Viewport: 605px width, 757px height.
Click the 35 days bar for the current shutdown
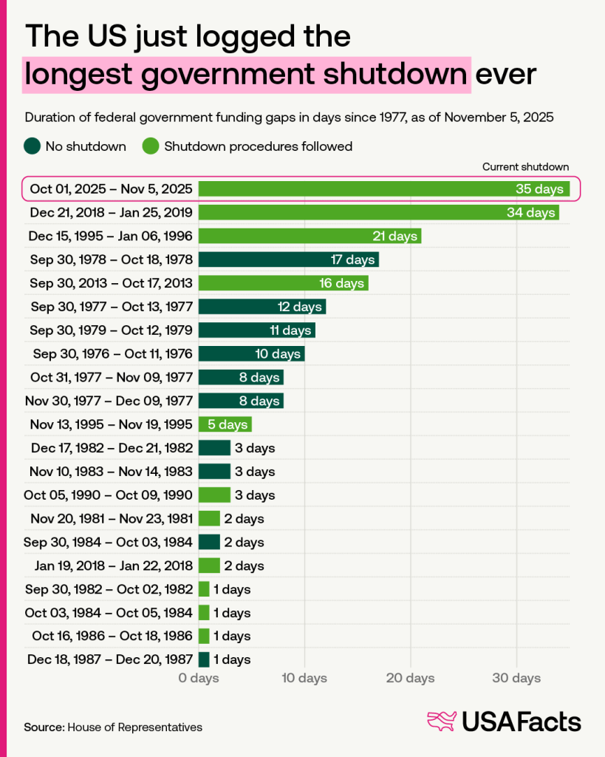coord(383,189)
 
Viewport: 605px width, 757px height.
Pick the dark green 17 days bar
coord(288,259)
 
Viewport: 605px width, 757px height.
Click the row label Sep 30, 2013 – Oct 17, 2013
coord(112,283)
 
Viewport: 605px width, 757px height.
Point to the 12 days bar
coord(262,307)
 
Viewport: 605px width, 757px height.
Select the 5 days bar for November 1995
coord(225,424)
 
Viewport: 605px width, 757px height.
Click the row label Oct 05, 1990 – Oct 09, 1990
coord(112,495)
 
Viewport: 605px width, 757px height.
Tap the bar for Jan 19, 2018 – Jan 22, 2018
coord(209,566)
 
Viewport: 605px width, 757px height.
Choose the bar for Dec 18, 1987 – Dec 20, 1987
coord(204,659)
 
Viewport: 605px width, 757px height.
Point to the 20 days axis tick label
coord(411,679)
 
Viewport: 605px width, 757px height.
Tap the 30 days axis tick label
coord(516,679)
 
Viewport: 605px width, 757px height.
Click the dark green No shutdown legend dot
coord(32,146)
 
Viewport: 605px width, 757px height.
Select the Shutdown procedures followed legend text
coord(258,146)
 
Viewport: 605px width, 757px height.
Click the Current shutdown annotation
coord(525,167)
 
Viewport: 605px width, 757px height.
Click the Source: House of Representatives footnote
coord(113,727)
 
